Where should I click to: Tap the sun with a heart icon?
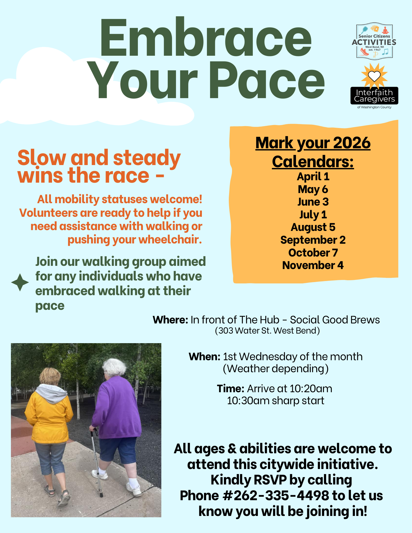[x=374, y=76]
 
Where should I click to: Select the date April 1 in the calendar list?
[x=313, y=177]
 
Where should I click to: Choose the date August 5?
[x=313, y=227]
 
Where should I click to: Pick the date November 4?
[x=313, y=265]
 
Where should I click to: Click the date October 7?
[x=313, y=253]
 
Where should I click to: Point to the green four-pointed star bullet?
[x=20, y=282]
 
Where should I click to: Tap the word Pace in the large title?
[x=267, y=80]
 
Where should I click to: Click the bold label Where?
[x=170, y=320]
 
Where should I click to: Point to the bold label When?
[x=205, y=356]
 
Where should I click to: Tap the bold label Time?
[x=230, y=388]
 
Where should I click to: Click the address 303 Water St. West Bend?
[x=267, y=331]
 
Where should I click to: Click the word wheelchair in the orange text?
[x=170, y=239]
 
